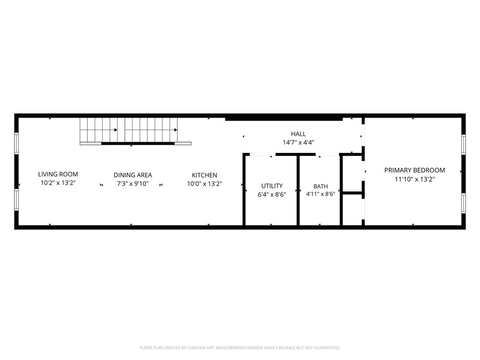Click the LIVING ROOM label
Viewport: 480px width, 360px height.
pos(58,174)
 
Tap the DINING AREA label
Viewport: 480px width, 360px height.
pos(133,175)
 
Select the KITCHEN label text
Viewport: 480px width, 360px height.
pos(205,175)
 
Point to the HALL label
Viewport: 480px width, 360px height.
pos(298,134)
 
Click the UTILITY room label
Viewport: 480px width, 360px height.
pos(272,186)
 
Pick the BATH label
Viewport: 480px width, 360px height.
pos(320,186)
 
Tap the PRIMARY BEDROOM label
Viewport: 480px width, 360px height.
pos(415,170)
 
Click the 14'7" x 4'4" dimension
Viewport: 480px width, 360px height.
pos(298,142)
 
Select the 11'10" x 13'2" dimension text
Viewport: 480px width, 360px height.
pos(415,179)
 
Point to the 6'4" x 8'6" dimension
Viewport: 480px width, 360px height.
pos(272,194)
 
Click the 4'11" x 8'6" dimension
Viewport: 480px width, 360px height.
pos(320,194)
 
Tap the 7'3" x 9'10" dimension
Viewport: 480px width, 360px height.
pos(133,184)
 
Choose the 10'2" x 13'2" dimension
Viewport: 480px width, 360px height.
pos(58,183)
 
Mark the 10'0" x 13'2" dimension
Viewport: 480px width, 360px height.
pos(205,184)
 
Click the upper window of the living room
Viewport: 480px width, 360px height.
pos(17,143)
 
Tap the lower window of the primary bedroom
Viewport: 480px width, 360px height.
pos(463,203)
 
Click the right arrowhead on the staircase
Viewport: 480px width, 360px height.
pos(176,130)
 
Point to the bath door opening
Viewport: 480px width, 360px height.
pos(327,155)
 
